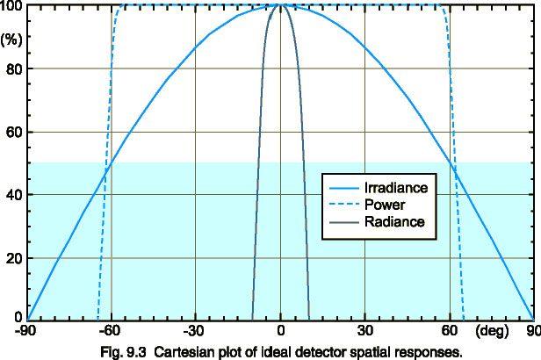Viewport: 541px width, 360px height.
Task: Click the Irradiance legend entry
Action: [x=397, y=188]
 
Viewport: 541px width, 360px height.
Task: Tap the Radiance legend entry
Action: [x=393, y=222]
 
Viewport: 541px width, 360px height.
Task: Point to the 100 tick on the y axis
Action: [x=12, y=7]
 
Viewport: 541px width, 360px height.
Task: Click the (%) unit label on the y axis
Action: [x=12, y=39]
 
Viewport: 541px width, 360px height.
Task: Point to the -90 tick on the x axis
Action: [x=26, y=331]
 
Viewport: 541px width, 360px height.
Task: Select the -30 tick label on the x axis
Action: [x=194, y=331]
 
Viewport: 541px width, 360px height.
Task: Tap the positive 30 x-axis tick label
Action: [x=364, y=331]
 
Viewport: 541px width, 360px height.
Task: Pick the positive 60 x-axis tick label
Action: [x=450, y=331]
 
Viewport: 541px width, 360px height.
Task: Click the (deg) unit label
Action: [x=491, y=331]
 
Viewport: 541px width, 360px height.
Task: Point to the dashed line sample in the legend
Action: [x=345, y=205]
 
